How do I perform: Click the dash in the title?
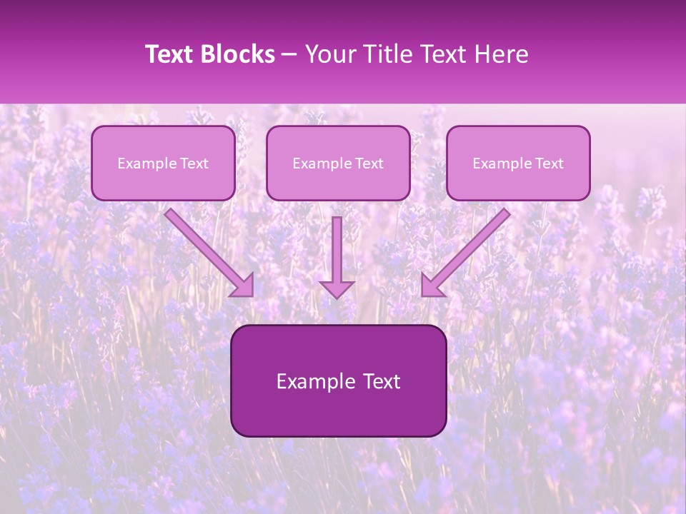point(289,55)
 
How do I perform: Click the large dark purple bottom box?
point(338,414)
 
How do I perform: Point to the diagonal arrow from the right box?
point(472,246)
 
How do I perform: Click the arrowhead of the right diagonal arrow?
point(431,286)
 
